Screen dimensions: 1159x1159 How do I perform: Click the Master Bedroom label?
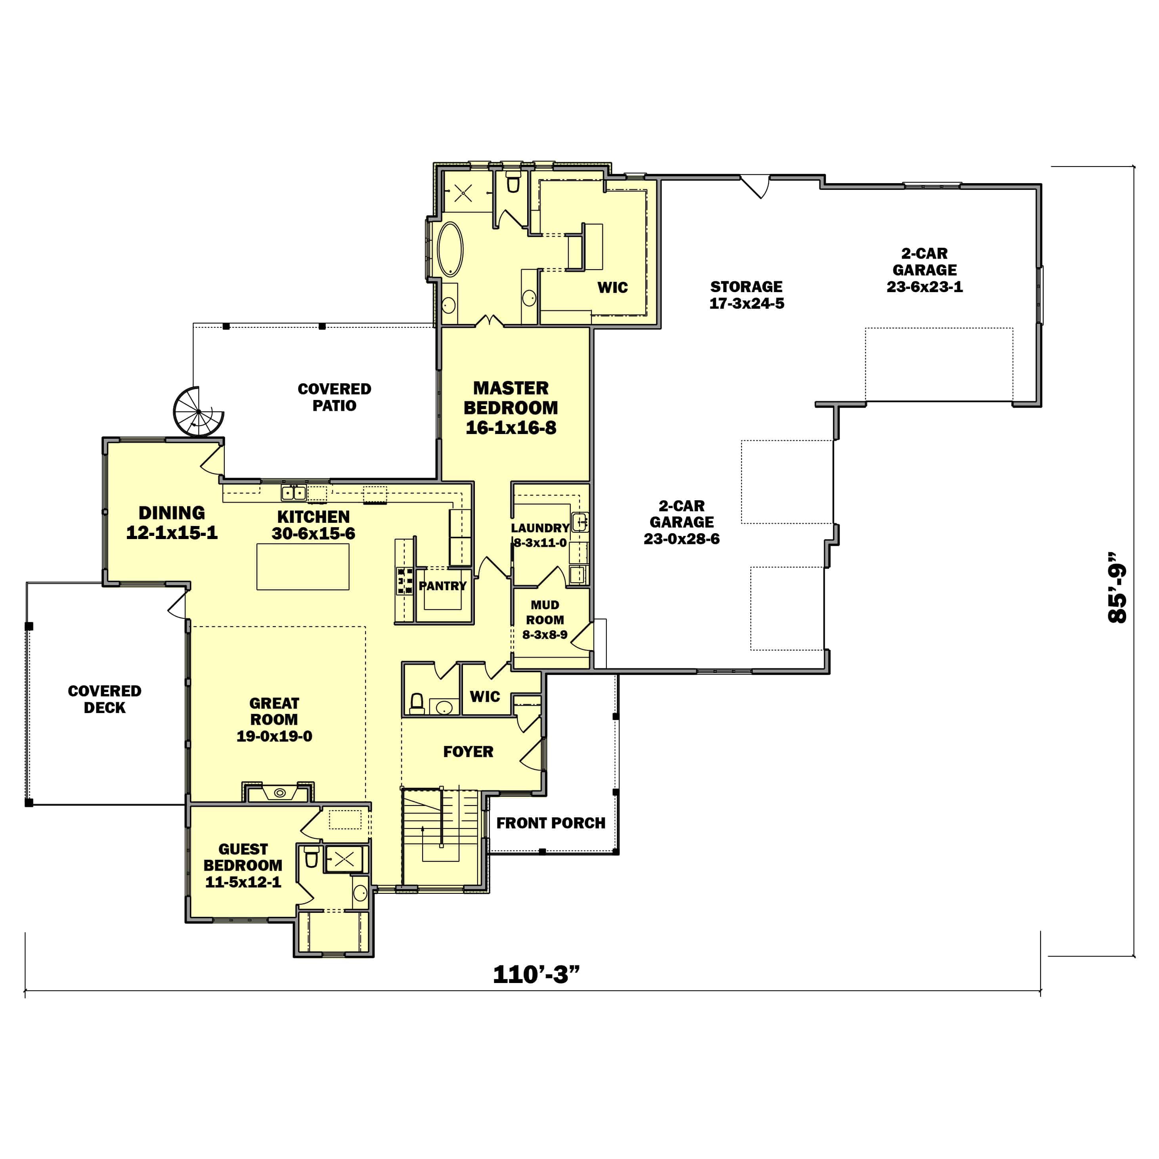click(511, 407)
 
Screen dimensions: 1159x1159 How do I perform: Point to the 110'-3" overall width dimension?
click(536, 974)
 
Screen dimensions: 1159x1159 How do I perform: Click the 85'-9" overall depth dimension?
click(1117, 587)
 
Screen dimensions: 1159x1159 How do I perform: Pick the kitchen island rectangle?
click(303, 566)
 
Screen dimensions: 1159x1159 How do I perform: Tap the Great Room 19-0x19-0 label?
click(274, 719)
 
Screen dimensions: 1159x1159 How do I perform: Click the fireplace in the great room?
click(279, 792)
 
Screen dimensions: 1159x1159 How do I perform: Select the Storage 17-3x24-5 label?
click(746, 295)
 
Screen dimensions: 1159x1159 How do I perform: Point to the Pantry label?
click(443, 586)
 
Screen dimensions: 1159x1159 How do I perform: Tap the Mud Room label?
click(545, 620)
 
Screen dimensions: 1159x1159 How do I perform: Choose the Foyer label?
click(468, 752)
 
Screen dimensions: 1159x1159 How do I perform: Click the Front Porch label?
click(551, 823)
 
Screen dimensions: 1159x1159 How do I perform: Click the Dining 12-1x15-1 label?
click(172, 522)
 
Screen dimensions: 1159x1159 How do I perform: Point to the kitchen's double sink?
click(294, 493)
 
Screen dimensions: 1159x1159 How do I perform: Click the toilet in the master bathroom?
click(513, 182)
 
